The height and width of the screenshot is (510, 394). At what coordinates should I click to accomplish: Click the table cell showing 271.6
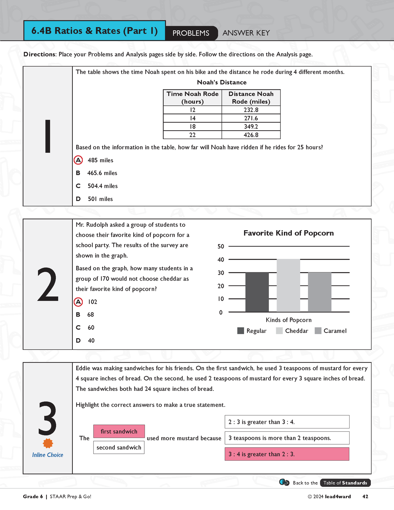251,118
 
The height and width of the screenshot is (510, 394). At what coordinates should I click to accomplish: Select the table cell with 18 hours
193,127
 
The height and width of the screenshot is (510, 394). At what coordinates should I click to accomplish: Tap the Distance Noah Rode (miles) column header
251,98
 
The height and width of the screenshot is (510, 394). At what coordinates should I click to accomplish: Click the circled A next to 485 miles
78,160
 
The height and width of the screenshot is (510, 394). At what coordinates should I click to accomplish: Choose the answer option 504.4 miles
103,186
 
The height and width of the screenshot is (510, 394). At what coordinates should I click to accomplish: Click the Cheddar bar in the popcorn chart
288,285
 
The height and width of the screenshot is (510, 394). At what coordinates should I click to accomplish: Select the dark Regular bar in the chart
257,292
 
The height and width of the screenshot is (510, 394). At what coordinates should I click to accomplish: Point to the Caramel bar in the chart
320,292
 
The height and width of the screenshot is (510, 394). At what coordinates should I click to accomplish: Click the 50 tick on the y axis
221,247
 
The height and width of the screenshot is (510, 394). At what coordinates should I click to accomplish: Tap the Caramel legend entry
330,331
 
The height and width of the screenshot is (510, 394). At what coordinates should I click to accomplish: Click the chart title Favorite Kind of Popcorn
288,233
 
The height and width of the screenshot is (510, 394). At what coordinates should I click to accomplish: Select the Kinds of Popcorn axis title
288,320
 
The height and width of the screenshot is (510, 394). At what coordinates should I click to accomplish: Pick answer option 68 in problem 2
91,315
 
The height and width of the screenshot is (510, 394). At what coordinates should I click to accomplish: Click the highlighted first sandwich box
119,431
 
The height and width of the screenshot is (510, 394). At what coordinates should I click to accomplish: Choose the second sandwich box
119,448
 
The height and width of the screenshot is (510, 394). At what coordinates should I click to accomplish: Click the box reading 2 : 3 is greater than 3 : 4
287,422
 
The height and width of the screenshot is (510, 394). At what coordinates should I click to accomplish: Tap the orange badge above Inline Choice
48,443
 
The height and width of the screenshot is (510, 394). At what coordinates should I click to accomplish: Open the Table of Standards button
345,483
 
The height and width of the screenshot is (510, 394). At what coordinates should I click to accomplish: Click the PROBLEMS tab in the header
191,33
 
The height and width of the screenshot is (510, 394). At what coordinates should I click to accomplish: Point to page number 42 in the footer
365,497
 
